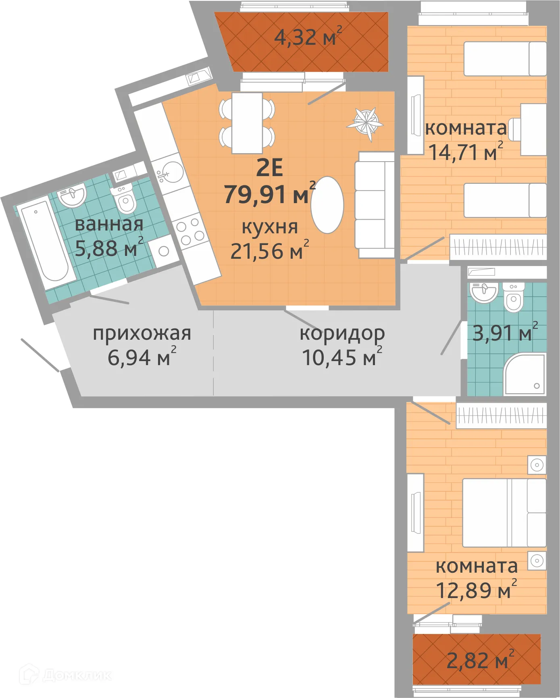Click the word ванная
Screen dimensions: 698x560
(109, 224)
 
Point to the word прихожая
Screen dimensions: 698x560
(142, 333)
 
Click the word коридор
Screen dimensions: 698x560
(342, 333)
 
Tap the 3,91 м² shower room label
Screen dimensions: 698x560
(504, 333)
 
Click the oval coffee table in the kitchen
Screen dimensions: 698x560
(327, 205)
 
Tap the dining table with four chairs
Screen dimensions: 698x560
(247, 123)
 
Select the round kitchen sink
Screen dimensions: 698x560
(172, 173)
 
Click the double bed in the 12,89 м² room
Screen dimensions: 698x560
(504, 513)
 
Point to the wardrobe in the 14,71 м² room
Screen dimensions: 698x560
(498, 246)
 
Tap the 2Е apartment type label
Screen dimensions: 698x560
(269, 168)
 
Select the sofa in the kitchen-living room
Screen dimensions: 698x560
(374, 205)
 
